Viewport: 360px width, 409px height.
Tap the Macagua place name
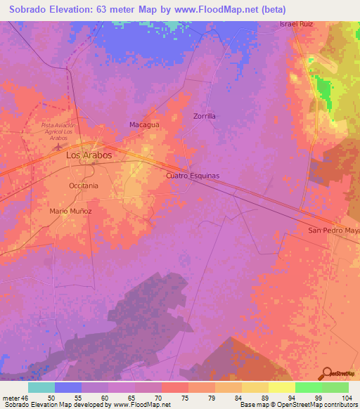pyautogui.click(x=143, y=124)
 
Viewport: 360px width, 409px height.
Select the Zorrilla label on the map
pyautogui.click(x=204, y=115)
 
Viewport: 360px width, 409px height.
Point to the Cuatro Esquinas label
pyautogui.click(x=193, y=176)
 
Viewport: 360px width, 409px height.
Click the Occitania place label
pyautogui.click(x=84, y=186)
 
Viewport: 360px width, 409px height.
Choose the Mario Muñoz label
pyautogui.click(x=70, y=211)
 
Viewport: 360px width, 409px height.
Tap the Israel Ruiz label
pyautogui.click(x=296, y=24)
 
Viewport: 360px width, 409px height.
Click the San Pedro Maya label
pyautogui.click(x=334, y=230)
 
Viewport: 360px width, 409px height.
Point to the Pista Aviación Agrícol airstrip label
pyautogui.click(x=59, y=131)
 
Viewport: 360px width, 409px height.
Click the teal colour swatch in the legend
pyautogui.click(x=41, y=387)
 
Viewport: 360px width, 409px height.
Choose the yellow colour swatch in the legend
pyautogui.click(x=282, y=387)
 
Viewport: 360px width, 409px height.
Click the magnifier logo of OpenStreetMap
pyautogui.click(x=327, y=373)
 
